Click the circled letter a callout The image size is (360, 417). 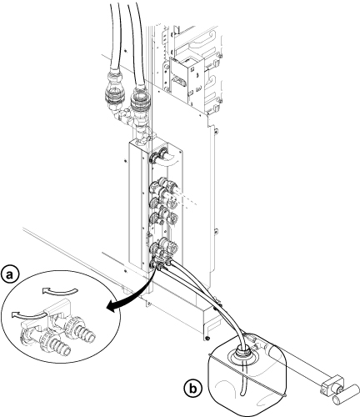(x=10, y=275)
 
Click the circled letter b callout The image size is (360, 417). (x=192, y=389)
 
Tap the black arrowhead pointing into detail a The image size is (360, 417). (x=111, y=308)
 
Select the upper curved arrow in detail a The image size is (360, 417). (x=59, y=291)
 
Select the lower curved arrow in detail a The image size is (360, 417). (x=28, y=314)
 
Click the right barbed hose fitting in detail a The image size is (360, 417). (x=85, y=333)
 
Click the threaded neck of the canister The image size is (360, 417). (x=244, y=352)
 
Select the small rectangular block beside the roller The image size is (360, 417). (x=331, y=386)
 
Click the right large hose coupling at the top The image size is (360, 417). (x=140, y=102)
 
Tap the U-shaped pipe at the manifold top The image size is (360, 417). (x=167, y=159)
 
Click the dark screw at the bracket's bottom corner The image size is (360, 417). (x=207, y=338)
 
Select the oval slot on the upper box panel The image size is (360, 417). (x=178, y=82)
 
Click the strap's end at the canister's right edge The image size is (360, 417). (x=285, y=395)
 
